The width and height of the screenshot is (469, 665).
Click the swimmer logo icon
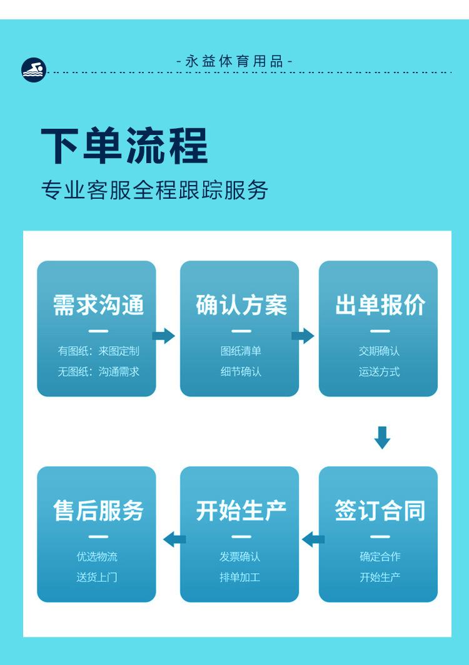tap(34, 69)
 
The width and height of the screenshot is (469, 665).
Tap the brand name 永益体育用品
tap(234, 61)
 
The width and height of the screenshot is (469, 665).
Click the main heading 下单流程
tap(124, 146)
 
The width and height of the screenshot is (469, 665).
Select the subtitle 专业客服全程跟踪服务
tap(154, 190)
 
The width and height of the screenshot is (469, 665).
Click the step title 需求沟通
tap(98, 305)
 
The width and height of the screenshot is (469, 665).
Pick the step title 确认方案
tap(241, 305)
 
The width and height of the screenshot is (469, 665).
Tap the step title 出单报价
tap(380, 305)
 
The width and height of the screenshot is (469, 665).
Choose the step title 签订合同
tap(380, 511)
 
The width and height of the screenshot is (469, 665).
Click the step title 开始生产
tap(241, 511)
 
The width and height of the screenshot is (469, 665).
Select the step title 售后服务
tap(98, 511)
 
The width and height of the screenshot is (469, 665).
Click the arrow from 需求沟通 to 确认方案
tap(164, 336)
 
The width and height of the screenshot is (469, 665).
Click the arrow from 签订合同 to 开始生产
tap(313, 539)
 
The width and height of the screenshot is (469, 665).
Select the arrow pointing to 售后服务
tap(174, 539)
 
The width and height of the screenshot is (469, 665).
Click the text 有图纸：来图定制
tap(98, 351)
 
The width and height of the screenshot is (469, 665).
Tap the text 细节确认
tap(241, 372)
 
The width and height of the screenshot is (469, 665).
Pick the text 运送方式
tap(380, 372)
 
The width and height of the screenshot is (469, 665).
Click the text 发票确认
tap(241, 556)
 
